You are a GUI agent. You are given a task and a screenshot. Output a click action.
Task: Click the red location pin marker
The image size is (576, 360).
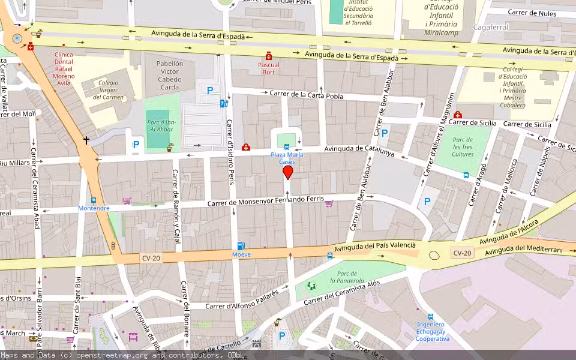click(x=287, y=172)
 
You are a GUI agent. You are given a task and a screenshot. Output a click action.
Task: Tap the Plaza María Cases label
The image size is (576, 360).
click(x=287, y=158)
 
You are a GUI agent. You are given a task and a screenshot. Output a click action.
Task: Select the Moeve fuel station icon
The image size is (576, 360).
click(x=241, y=245)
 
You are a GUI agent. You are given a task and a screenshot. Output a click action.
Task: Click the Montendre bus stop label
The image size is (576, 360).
click(x=94, y=208)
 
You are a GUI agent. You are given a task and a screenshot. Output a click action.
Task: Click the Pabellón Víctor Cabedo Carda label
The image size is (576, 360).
click(x=170, y=75)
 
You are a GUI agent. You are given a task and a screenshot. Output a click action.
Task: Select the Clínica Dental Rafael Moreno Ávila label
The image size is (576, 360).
click(x=63, y=68)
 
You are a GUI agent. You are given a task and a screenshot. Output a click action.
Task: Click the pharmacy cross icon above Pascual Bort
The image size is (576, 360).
click(x=269, y=55)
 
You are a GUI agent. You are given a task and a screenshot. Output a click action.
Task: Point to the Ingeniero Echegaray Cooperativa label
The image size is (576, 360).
click(x=432, y=331)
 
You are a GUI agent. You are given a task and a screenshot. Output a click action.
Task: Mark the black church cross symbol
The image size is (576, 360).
click(x=86, y=140)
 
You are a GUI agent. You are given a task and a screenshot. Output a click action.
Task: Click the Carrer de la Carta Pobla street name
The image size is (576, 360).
click(x=306, y=95)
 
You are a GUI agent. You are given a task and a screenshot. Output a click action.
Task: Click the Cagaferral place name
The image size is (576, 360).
click(x=491, y=27)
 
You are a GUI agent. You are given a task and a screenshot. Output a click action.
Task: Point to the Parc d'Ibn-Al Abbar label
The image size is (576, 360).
click(x=161, y=125)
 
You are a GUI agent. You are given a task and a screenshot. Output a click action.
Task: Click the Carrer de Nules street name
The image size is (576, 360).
click(x=532, y=13)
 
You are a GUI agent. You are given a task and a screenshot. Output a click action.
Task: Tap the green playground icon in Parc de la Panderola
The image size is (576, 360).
click(x=311, y=286)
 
